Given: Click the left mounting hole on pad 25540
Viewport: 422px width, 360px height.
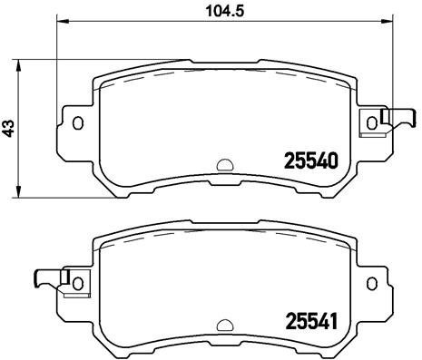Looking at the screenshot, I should tap(78, 122).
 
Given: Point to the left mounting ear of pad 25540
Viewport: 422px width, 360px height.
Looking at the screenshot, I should tap(74, 123).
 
